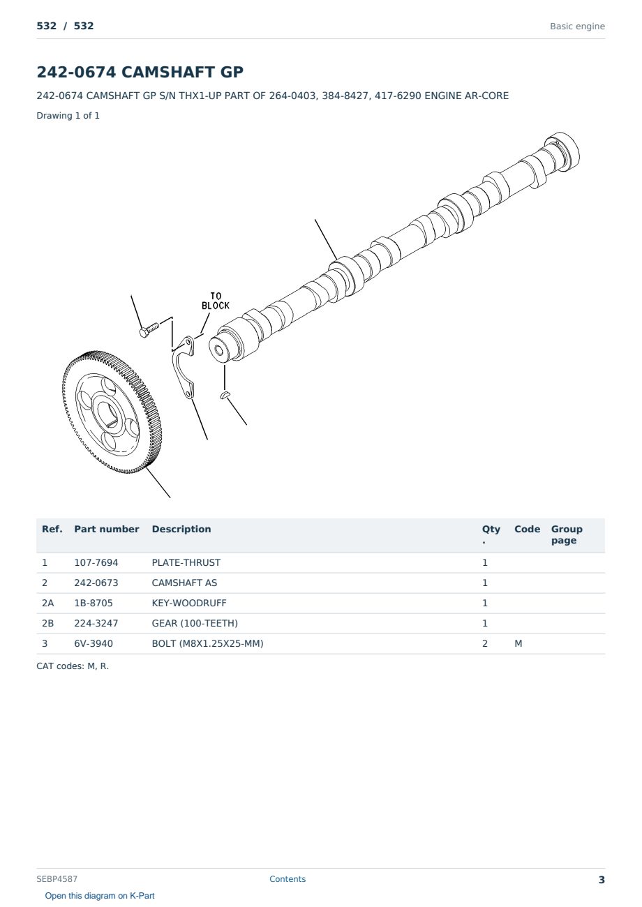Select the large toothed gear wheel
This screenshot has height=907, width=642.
(x=112, y=412)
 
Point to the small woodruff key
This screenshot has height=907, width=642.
(x=225, y=395)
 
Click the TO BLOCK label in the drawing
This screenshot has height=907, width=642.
(x=216, y=301)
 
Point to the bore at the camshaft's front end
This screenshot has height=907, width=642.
(x=219, y=350)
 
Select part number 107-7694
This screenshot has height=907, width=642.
(x=96, y=562)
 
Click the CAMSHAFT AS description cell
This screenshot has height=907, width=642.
(x=184, y=583)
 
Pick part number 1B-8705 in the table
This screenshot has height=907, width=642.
(x=94, y=603)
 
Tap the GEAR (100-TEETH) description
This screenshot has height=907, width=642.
(x=195, y=623)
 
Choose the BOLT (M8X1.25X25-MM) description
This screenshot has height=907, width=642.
(x=207, y=643)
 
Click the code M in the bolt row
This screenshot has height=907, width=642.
(x=518, y=643)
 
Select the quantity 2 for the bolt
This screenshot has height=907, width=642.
(x=485, y=643)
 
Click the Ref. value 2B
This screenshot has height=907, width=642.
(x=47, y=623)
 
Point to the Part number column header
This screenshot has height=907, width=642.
(x=107, y=529)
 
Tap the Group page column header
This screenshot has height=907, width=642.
(x=567, y=534)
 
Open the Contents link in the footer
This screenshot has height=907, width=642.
(x=288, y=879)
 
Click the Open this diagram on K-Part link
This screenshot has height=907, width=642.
(x=100, y=896)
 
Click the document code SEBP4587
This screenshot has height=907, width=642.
(x=57, y=879)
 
